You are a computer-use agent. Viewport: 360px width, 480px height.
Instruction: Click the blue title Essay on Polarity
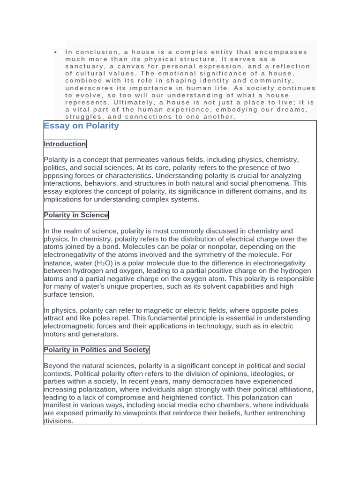pyautogui.click(x=81, y=126)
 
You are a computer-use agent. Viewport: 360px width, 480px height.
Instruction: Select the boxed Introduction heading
pyautogui.click(x=65, y=144)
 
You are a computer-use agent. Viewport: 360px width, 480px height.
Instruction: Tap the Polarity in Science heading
pyautogui.click(x=76, y=215)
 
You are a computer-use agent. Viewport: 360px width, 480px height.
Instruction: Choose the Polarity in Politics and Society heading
pyautogui.click(x=97, y=350)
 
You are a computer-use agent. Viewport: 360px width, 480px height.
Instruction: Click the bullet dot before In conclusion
pyautogui.click(x=56, y=52)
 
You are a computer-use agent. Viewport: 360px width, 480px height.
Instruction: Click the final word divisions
pyautogui.click(x=58, y=421)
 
